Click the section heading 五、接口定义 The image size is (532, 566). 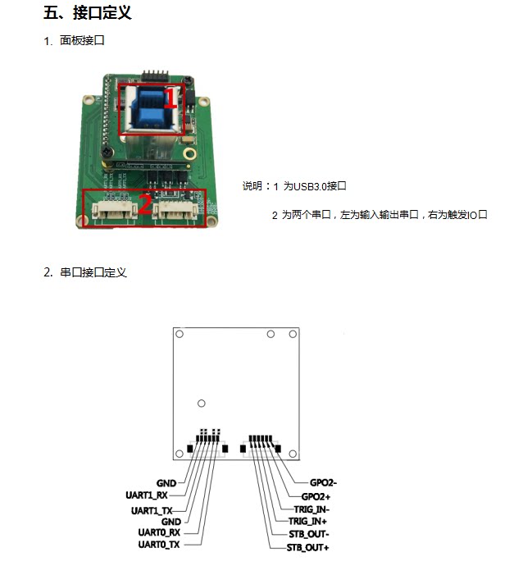pyautogui.click(x=87, y=13)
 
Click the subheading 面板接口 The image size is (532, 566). pyautogui.click(x=82, y=40)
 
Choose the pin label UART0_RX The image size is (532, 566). pyautogui.click(x=159, y=532)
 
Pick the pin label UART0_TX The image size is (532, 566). pyautogui.click(x=159, y=544)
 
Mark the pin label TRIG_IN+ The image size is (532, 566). pyautogui.click(x=308, y=521)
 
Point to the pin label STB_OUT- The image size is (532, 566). pyautogui.click(x=308, y=534)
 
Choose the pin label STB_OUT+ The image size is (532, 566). pyautogui.click(x=308, y=546)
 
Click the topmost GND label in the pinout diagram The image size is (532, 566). pyautogui.click(x=166, y=483)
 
